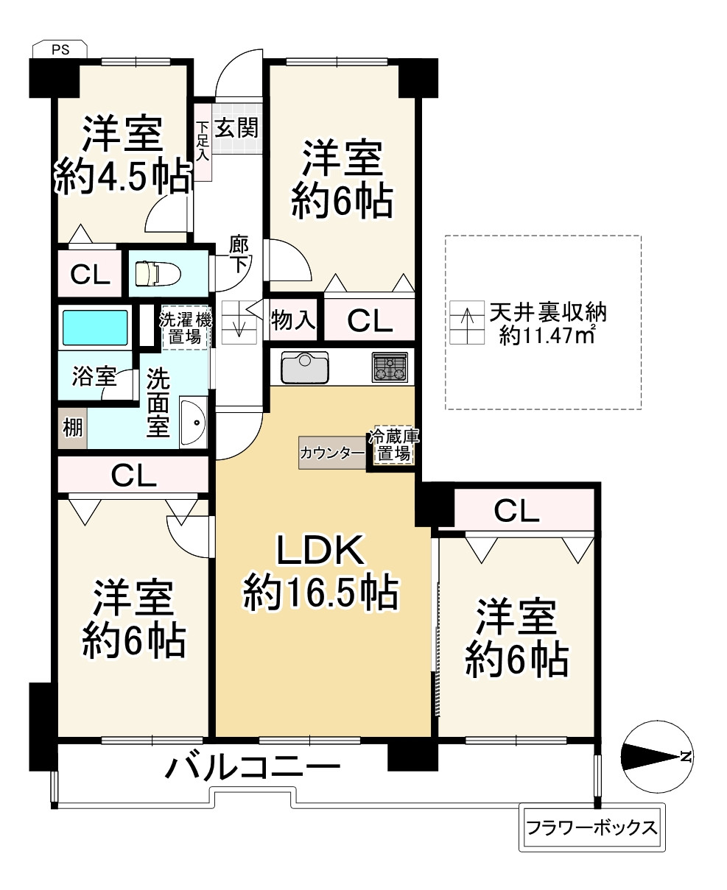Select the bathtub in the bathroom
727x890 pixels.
[x=95, y=327]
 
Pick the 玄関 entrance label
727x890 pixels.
[x=236, y=130]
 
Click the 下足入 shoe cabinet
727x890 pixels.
[x=203, y=141]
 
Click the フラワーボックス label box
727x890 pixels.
[x=591, y=827]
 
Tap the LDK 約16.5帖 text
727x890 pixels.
[x=321, y=571]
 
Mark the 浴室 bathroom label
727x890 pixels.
[x=94, y=378]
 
